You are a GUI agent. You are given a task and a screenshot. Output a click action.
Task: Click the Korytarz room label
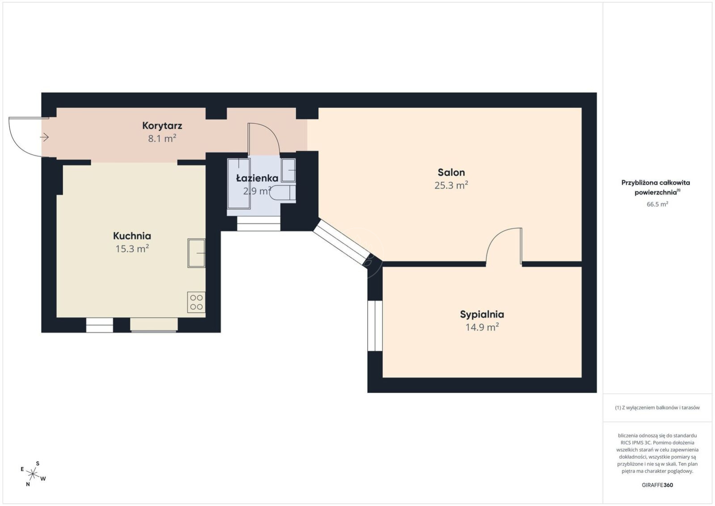(162, 126)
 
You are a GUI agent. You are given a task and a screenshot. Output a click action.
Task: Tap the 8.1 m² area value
(162, 138)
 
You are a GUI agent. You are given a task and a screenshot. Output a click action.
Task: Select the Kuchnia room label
(132, 236)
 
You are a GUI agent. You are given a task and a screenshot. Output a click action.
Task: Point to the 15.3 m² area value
(132, 248)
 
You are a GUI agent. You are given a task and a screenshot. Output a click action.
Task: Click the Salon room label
(451, 172)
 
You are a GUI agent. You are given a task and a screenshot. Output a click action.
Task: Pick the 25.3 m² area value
(451, 185)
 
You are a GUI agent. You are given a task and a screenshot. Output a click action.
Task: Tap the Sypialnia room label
(482, 315)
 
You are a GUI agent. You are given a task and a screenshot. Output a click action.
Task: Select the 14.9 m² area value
(482, 327)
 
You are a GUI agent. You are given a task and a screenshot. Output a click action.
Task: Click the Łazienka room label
(257, 178)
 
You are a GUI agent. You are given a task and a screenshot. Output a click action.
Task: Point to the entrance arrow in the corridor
(44, 137)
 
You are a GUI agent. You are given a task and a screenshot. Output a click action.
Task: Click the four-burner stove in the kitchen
(196, 302)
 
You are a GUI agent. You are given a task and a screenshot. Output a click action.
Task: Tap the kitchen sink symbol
(196, 253)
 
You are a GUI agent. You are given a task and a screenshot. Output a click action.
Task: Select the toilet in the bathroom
(282, 193)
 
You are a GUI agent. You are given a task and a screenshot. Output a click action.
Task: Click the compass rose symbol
(33, 474)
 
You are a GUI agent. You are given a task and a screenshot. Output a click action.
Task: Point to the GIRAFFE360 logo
(657, 485)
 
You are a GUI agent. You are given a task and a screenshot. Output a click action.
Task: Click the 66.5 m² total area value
(657, 204)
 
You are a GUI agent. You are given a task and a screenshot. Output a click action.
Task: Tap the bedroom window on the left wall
(375, 326)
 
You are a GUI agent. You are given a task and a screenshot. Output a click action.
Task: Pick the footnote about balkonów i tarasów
(657, 408)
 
